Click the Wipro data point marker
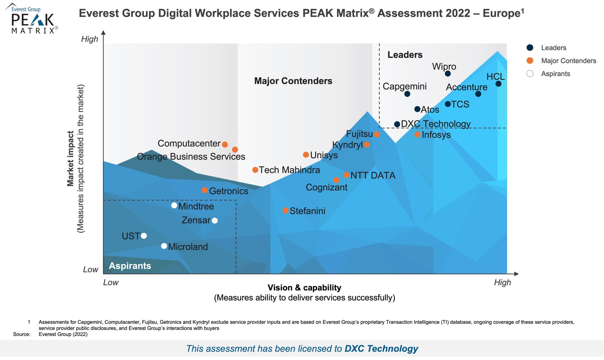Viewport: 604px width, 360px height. coord(448,74)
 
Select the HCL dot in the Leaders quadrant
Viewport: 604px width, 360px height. coord(498,84)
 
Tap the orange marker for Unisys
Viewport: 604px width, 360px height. coord(306,155)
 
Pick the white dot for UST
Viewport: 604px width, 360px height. coord(144,236)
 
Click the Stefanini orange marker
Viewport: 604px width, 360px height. coord(286,211)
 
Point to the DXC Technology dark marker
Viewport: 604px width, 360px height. coord(397,124)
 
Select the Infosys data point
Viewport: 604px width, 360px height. coord(417,134)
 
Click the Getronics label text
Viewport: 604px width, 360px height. coord(229,191)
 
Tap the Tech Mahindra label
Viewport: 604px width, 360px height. coord(289,170)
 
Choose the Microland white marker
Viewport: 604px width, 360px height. coord(164,246)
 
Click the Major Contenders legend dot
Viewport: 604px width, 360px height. coord(530,61)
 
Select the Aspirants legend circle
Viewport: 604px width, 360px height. coord(530,74)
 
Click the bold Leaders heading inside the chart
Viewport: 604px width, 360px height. coord(405,55)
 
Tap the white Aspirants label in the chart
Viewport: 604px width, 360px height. coord(130,266)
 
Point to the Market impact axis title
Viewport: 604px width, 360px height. coord(71,159)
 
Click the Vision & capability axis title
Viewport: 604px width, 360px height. coord(304,287)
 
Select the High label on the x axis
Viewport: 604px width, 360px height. coord(502,282)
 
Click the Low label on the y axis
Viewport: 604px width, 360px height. coord(91,269)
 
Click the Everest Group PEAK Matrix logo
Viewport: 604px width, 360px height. coord(32,18)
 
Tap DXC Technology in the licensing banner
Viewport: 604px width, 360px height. coord(381,349)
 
